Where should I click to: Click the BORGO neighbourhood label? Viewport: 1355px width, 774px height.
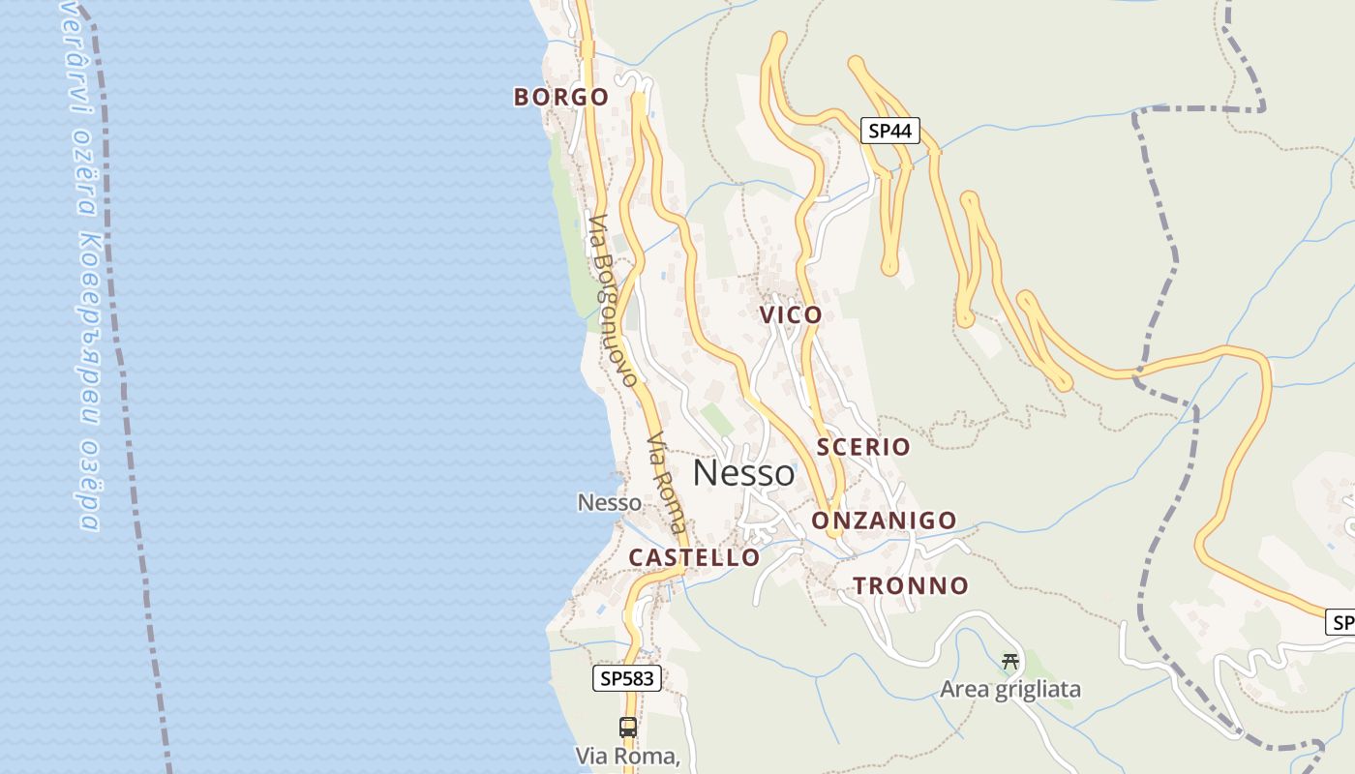[561, 97]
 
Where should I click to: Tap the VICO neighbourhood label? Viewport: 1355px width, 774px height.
[791, 314]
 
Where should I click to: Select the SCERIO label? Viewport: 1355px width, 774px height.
[863, 446]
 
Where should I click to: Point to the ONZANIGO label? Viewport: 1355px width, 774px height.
[884, 521]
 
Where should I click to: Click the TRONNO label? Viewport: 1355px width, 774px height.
[910, 585]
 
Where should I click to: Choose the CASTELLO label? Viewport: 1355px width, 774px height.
[694, 557]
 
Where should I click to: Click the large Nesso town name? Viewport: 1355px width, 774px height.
[743, 473]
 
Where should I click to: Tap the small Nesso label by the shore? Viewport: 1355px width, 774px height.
[609, 503]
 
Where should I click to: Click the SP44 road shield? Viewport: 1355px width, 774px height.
[889, 131]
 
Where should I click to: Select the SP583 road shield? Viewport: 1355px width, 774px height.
[627, 678]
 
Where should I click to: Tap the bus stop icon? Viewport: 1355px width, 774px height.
[628, 727]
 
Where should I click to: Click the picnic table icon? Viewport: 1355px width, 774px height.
[1010, 662]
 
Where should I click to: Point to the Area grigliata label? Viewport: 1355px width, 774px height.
[1009, 690]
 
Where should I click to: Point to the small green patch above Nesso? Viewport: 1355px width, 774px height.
[717, 420]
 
